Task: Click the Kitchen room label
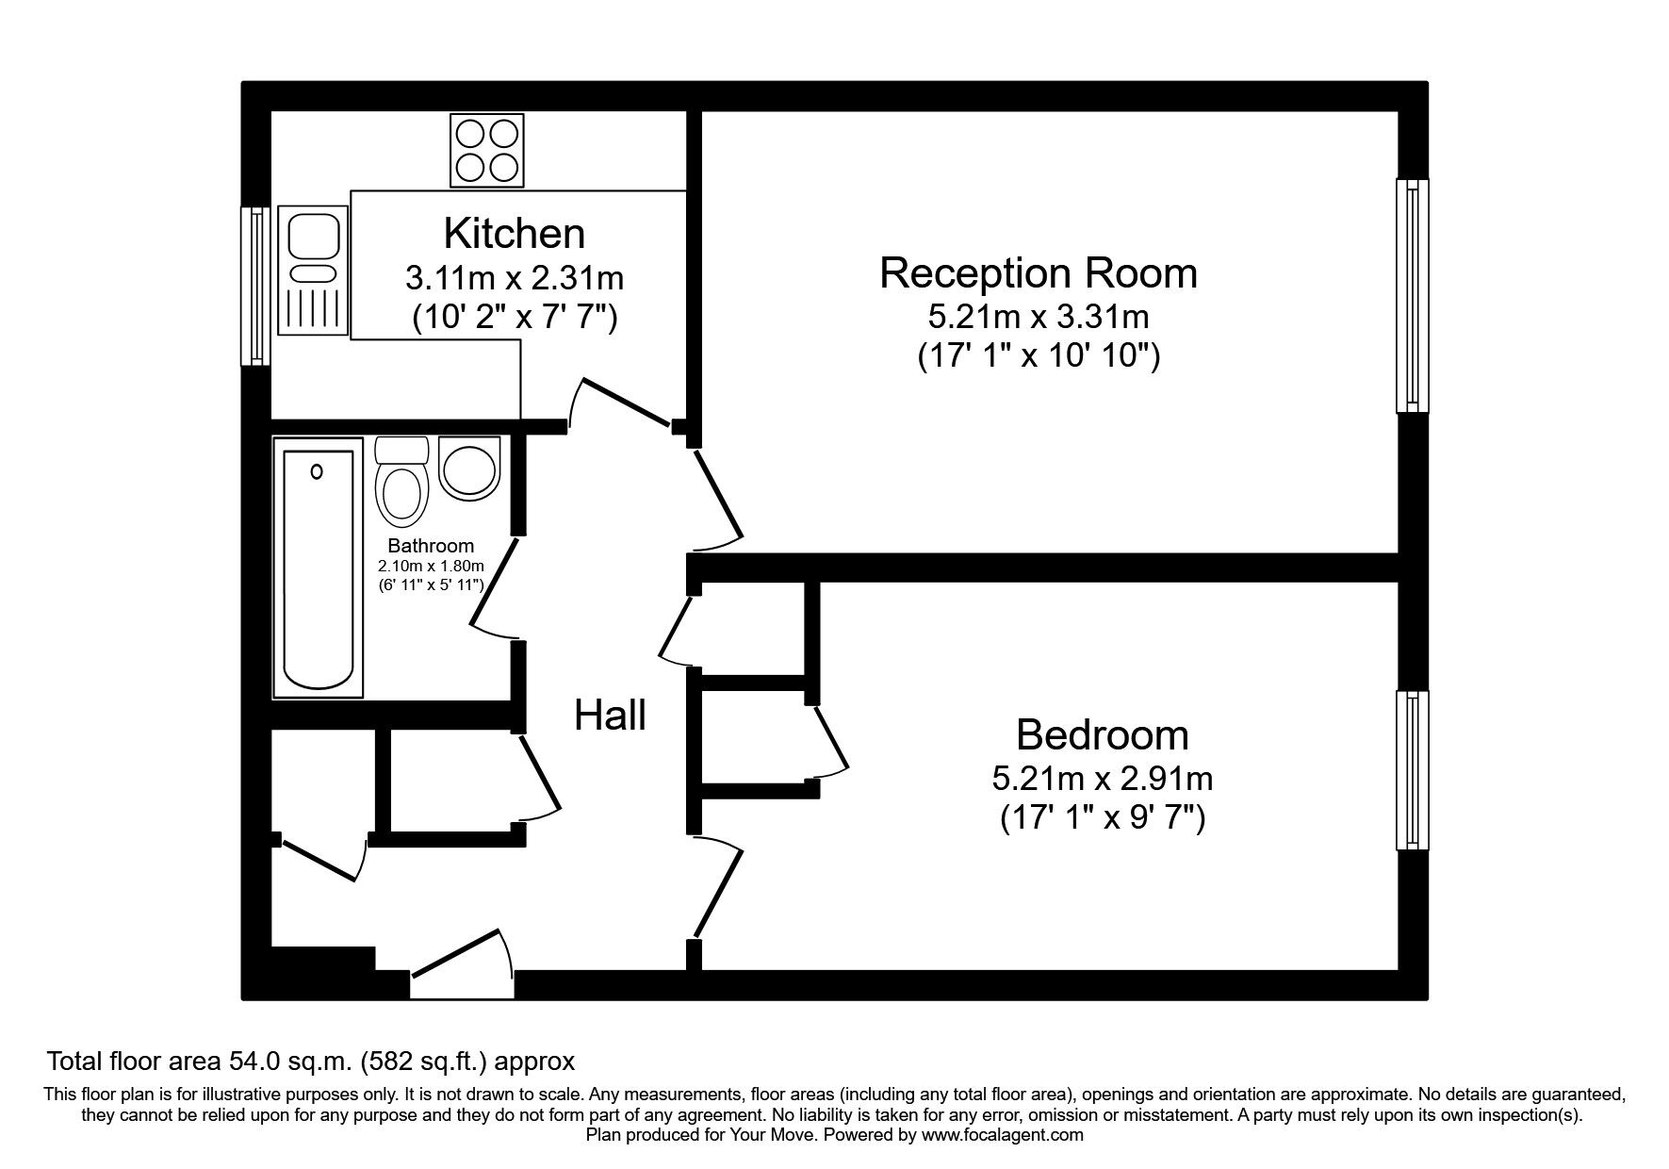pyautogui.click(x=515, y=233)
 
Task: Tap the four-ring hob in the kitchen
pyautogui.click(x=487, y=151)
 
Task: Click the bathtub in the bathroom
pyautogui.click(x=318, y=568)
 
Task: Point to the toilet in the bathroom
pyautogui.click(x=401, y=481)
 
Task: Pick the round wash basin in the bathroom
pyautogui.click(x=469, y=469)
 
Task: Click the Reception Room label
pyautogui.click(x=1039, y=273)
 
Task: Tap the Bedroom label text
pyautogui.click(x=1102, y=734)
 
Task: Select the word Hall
pyautogui.click(x=611, y=716)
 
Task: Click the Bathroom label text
pyautogui.click(x=431, y=546)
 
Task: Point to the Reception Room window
pyautogui.click(x=1412, y=296)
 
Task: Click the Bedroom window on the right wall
pyautogui.click(x=1412, y=770)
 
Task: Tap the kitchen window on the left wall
pyautogui.click(x=256, y=286)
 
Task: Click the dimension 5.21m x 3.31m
pyautogui.click(x=1039, y=316)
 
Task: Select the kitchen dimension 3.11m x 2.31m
pyautogui.click(x=515, y=278)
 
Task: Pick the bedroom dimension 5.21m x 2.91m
pyautogui.click(x=1103, y=779)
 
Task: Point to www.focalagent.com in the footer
pyautogui.click(x=1003, y=1135)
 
